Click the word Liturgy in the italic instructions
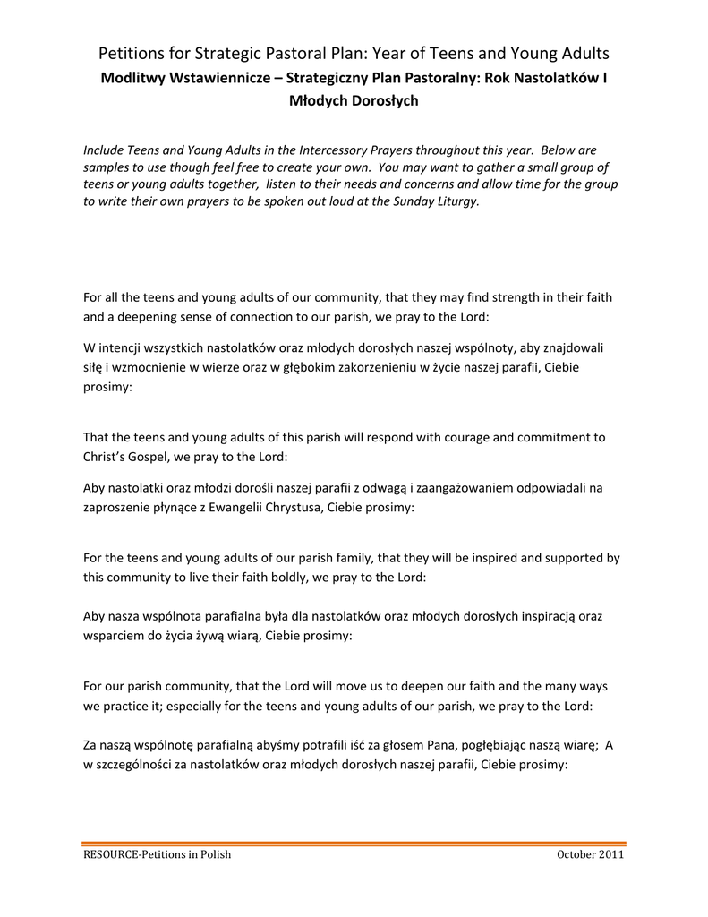(x=456, y=201)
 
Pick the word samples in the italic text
(x=107, y=167)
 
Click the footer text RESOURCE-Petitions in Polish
(x=157, y=854)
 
